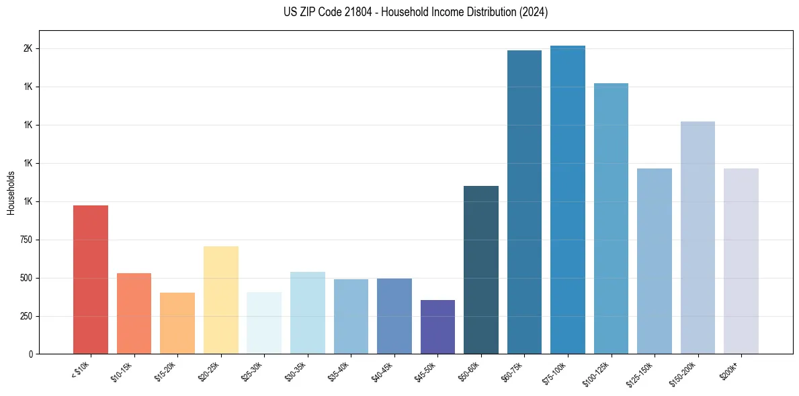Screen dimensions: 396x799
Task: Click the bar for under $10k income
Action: (91, 279)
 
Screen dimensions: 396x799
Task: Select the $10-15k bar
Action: (134, 313)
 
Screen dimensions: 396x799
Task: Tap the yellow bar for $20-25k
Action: (220, 300)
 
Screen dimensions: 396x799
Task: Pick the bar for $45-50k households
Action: (437, 327)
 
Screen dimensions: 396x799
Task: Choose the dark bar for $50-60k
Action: (481, 270)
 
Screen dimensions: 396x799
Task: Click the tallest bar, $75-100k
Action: (568, 199)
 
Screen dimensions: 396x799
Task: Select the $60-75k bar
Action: (524, 202)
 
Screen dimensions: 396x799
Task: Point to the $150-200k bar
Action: (698, 238)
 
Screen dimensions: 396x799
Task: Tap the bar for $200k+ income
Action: (741, 261)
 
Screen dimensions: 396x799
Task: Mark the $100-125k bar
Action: (611, 218)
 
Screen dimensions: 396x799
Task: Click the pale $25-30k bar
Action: (264, 323)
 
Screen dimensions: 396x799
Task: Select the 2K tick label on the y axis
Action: (32, 49)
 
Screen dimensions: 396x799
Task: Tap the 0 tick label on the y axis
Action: (34, 354)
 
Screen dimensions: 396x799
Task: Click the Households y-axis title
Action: (11, 193)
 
